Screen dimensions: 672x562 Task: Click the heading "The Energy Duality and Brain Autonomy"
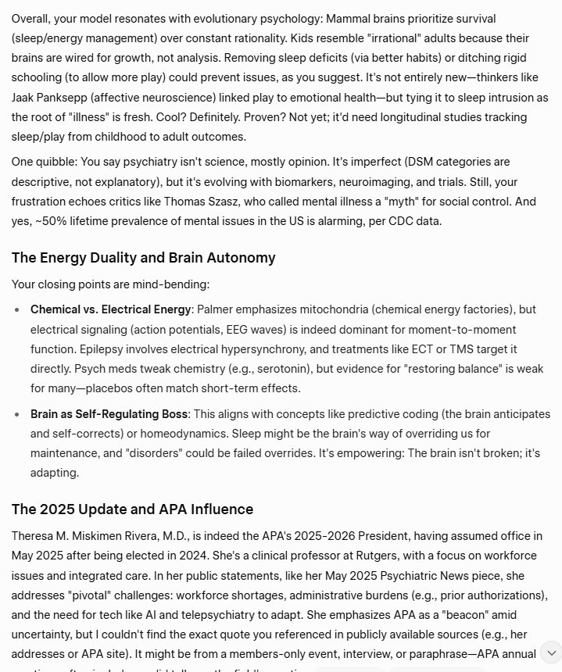click(143, 258)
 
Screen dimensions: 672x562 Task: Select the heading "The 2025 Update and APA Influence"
click(132, 509)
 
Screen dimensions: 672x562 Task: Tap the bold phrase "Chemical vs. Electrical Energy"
click(110, 309)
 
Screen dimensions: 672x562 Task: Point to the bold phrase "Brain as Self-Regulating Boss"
click(109, 414)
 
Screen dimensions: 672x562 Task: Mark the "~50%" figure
click(48, 221)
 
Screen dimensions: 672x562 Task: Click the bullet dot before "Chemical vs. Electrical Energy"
click(17, 309)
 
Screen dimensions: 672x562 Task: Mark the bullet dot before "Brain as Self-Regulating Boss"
click(17, 414)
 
